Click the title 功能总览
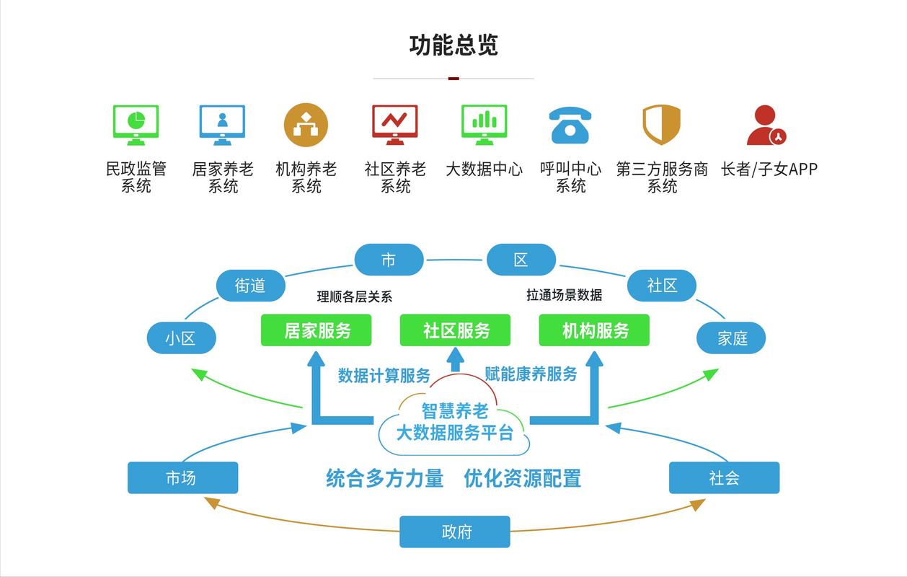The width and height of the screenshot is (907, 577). [453, 45]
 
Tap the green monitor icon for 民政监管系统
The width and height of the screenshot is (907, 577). [136, 125]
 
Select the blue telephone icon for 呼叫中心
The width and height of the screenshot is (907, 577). [570, 125]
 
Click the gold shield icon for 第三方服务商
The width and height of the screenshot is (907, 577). [661, 125]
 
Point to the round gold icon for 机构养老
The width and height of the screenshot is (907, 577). [306, 125]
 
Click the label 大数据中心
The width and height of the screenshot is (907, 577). [484, 169]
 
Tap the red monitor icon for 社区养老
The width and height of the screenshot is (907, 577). [394, 125]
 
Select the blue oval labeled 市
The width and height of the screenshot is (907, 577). [389, 260]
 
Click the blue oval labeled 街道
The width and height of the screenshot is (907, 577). [251, 286]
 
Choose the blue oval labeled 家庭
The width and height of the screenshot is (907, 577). [731, 338]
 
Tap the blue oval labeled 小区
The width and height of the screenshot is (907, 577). [181, 338]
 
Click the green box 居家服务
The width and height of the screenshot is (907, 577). [317, 330]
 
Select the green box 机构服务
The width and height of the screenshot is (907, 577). [595, 330]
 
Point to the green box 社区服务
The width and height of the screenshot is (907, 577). [456, 330]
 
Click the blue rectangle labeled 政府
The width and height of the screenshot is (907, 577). [455, 532]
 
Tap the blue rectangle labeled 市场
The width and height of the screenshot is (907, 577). [182, 477]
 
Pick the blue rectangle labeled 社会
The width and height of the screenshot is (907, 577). [724, 477]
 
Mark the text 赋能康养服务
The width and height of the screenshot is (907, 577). [531, 374]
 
